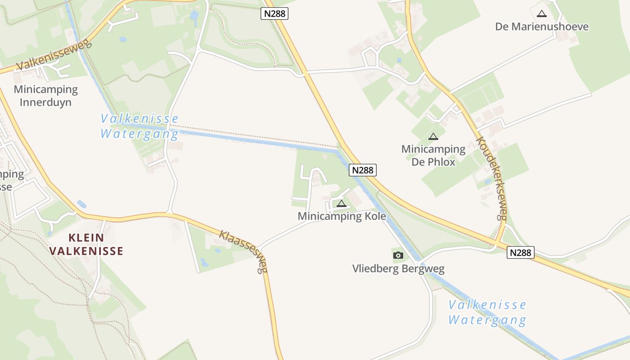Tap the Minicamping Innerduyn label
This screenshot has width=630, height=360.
[x=45, y=96]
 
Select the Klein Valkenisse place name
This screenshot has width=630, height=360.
[x=86, y=244]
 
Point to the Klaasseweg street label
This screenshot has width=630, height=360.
[x=243, y=251]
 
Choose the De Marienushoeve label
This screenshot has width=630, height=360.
[x=541, y=27]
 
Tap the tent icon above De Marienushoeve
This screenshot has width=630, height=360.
[x=541, y=14]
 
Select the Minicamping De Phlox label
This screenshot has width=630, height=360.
[x=433, y=155]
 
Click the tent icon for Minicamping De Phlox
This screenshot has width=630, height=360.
[x=433, y=136]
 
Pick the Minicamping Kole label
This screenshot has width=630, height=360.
[x=342, y=216]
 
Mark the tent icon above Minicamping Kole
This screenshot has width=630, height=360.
[x=342, y=204]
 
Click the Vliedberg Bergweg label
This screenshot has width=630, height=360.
[x=398, y=269]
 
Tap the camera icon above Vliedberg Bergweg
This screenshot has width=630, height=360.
[x=398, y=256]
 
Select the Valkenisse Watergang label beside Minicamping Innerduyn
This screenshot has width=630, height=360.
[x=139, y=126]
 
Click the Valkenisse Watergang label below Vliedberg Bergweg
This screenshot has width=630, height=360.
[x=487, y=312]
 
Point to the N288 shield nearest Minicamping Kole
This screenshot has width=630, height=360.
[x=362, y=170]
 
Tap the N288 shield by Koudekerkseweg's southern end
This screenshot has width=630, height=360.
[x=521, y=252]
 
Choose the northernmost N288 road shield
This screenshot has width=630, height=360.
[x=274, y=13]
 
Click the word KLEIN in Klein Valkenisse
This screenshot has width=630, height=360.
[x=86, y=238]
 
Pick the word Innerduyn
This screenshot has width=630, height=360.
[x=45, y=102]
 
